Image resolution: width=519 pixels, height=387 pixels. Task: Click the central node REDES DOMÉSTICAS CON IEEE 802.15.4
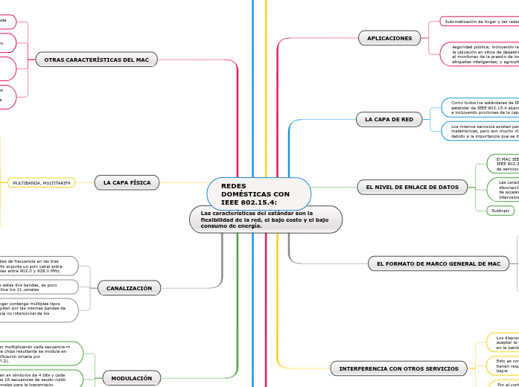point(258,193)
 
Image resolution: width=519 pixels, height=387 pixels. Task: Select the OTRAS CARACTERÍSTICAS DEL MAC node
point(96,60)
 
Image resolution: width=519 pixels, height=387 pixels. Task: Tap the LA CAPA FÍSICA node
point(127,182)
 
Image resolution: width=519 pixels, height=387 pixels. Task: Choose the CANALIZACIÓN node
point(129,288)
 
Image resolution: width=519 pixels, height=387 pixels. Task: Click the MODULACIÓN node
point(131,379)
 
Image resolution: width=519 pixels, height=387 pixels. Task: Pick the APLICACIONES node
point(389,38)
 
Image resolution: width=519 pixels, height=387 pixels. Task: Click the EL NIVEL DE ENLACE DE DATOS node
point(412,187)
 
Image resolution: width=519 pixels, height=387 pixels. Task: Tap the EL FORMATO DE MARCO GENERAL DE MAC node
point(439,263)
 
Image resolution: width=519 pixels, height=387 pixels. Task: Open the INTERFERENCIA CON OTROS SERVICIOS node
point(398,368)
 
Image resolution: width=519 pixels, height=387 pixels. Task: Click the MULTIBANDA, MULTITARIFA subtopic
point(42,182)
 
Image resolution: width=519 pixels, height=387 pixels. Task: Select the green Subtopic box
point(500,211)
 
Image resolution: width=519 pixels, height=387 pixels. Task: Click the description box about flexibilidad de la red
point(266,220)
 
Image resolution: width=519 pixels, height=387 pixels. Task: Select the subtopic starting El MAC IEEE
point(503,164)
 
